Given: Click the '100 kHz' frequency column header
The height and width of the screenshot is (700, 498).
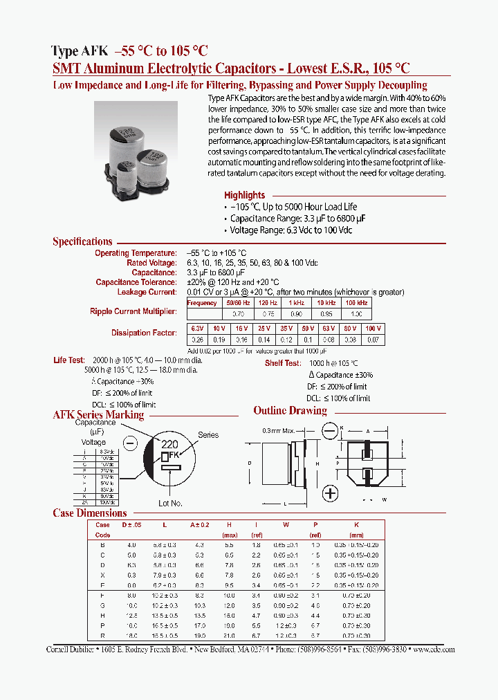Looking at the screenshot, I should [x=357, y=303].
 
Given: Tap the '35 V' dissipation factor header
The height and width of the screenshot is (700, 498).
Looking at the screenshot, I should [x=286, y=328].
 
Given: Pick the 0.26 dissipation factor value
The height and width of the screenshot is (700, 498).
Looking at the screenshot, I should [x=196, y=340].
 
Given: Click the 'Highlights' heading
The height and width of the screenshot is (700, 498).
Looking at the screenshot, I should [x=244, y=195].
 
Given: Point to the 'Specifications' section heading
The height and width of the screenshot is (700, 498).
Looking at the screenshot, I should [x=82, y=241].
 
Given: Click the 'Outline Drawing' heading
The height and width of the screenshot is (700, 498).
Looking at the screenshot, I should [x=290, y=410].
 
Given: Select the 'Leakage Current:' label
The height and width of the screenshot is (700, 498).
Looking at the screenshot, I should [x=147, y=292].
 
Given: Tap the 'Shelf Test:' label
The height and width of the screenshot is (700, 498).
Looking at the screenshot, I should [x=282, y=363].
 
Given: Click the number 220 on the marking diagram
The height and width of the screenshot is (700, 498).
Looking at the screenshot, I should [x=169, y=445].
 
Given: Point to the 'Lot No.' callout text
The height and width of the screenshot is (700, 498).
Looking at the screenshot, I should [x=170, y=503].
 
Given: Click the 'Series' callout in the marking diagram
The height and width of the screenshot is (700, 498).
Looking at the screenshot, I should [x=207, y=435].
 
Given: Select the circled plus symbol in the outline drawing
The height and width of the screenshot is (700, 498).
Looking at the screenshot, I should [x=331, y=492].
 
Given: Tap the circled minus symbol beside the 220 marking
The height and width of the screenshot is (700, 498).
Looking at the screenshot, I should [x=129, y=443].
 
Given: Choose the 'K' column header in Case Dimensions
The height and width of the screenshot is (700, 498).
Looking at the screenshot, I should [x=356, y=525].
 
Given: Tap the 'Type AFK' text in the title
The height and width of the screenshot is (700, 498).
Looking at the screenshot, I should [x=79, y=50].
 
